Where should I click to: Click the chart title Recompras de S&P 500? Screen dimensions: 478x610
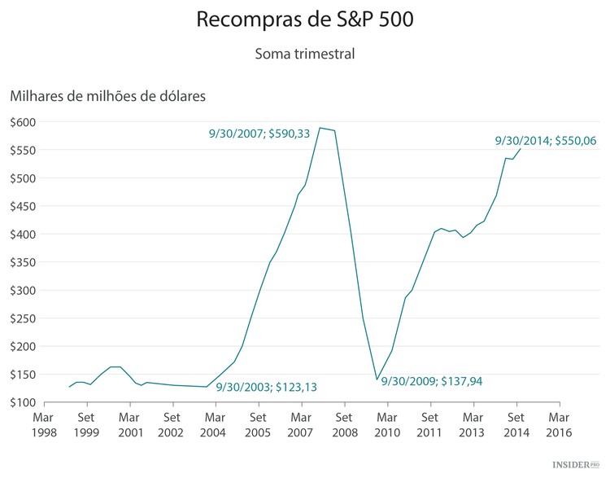point(305,20)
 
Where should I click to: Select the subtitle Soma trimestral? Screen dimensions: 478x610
point(305,55)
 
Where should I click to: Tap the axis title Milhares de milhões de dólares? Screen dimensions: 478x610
point(108,96)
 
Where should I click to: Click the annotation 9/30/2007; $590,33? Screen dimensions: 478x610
point(259,134)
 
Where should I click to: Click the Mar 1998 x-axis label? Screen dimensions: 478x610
point(44,424)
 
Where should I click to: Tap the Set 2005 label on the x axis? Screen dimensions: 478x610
point(259,424)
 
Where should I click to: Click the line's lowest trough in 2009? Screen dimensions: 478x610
point(377,379)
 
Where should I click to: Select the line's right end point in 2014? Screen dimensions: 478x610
point(521,148)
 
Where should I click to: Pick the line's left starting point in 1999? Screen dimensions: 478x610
point(69,387)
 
